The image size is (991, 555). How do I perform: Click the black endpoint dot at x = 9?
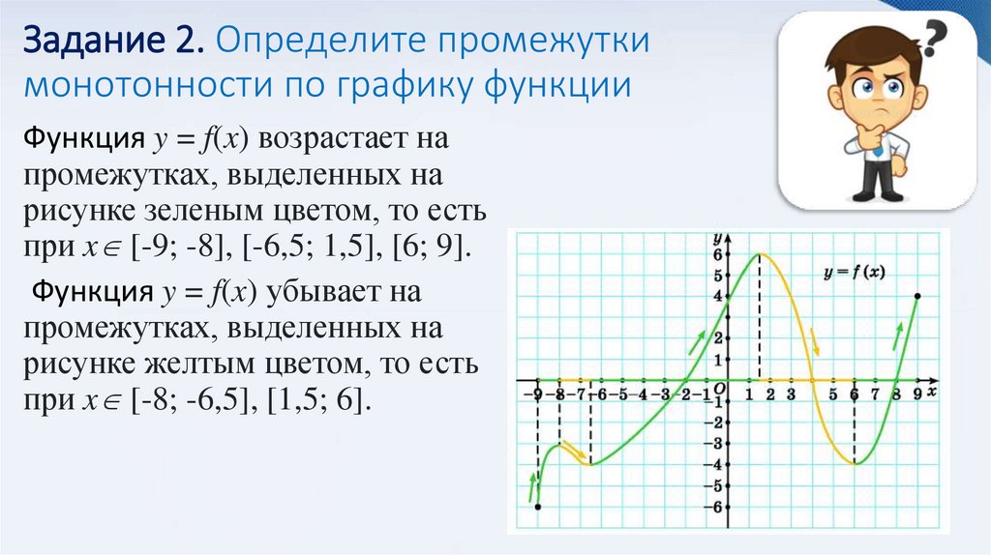(x=916, y=297)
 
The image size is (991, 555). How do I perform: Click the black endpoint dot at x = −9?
(x=537, y=506)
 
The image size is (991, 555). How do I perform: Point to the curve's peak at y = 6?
(x=760, y=254)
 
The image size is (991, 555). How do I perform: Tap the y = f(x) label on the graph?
(x=854, y=273)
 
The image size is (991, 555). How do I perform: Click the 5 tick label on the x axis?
(x=833, y=394)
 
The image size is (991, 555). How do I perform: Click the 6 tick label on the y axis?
(x=717, y=255)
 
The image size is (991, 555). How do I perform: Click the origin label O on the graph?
(x=719, y=389)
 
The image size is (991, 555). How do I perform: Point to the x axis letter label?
(x=931, y=393)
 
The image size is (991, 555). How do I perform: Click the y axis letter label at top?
(x=717, y=237)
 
